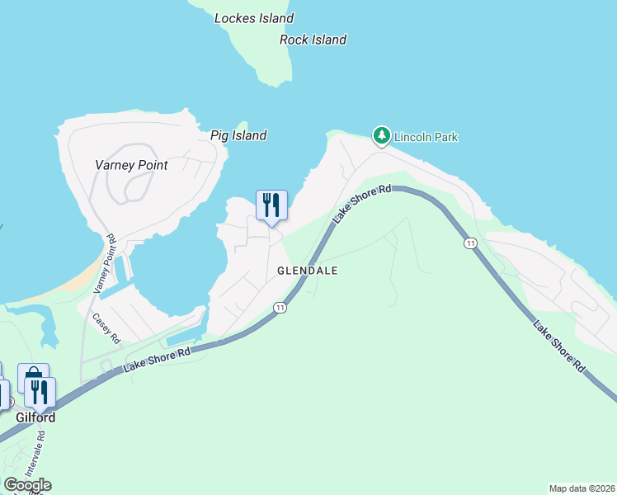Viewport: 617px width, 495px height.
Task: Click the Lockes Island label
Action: [x=253, y=18]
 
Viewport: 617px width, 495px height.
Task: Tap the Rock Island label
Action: [x=313, y=40]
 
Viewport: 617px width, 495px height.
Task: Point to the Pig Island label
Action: [x=238, y=135]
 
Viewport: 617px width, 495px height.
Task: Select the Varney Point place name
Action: [x=130, y=165]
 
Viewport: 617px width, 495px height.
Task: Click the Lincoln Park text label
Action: [x=426, y=137]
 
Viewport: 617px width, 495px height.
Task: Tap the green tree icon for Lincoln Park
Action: [x=381, y=135]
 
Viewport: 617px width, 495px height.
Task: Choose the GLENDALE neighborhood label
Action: [x=308, y=271]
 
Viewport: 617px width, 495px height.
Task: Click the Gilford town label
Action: [x=35, y=417]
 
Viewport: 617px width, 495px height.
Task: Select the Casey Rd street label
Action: [x=106, y=328]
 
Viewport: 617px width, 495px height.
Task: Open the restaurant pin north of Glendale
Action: [x=271, y=205]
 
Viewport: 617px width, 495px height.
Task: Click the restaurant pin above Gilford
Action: [x=40, y=392]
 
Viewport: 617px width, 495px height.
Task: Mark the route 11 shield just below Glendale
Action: [x=280, y=308]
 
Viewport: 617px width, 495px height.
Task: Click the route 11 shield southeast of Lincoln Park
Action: [x=470, y=243]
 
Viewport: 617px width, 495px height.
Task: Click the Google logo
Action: [x=27, y=485]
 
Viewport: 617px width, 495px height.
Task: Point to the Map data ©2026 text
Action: [x=581, y=488]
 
